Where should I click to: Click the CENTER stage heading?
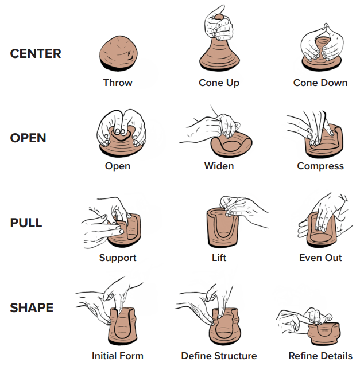[x=36, y=54]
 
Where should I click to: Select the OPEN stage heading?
[x=28, y=138]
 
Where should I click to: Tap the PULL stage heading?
[x=26, y=223]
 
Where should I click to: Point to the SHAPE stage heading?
[x=32, y=307]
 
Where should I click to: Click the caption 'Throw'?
[x=118, y=83]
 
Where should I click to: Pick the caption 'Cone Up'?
[x=219, y=83]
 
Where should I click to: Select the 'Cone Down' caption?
[x=320, y=83]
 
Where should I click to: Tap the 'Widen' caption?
[x=219, y=166]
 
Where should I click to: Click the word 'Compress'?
[x=320, y=166]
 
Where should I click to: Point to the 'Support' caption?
[x=118, y=258]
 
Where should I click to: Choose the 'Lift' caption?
[x=219, y=258]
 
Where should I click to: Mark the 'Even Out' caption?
[x=320, y=258]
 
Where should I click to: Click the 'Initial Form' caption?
[x=118, y=356]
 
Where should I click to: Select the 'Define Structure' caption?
[x=219, y=356]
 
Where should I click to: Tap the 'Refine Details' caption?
[x=320, y=356]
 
